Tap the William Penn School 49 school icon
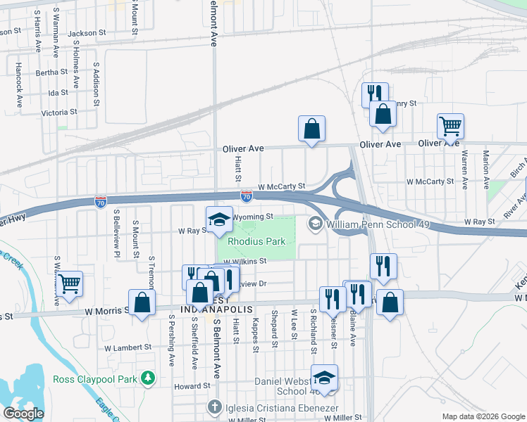pos(314,224)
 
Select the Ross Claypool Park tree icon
pos(148,379)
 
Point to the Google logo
pos(23,414)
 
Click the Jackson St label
pos(87,32)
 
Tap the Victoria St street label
pos(59,113)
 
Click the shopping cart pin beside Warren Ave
pos(450,127)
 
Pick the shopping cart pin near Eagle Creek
pos(69,284)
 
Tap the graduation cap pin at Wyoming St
pos(219,220)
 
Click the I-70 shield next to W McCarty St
pos(246,196)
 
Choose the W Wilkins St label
pos(244,261)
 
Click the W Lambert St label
pos(128,347)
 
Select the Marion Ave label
pos(486,170)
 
